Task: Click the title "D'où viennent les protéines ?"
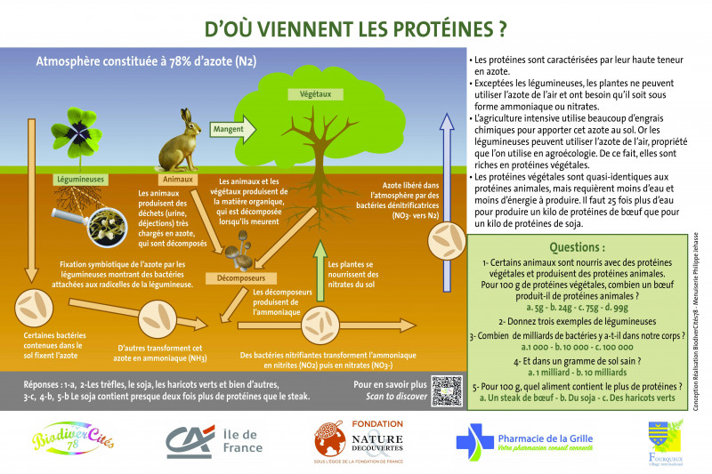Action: [355, 27]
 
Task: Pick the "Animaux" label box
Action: [179, 178]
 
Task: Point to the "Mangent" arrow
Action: [228, 129]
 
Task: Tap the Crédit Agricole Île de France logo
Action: [213, 439]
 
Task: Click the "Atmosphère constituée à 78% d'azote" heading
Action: [146, 61]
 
